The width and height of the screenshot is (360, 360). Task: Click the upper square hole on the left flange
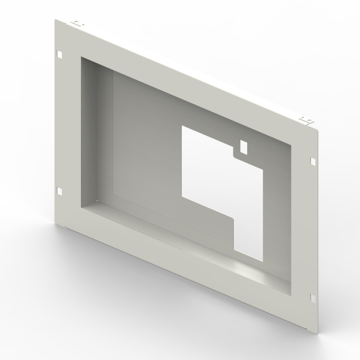pyautogui.click(x=61, y=55)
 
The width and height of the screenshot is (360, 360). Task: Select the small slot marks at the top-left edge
pyautogui.click(x=77, y=25)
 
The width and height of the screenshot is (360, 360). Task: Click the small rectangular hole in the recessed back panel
pyautogui.click(x=244, y=146)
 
